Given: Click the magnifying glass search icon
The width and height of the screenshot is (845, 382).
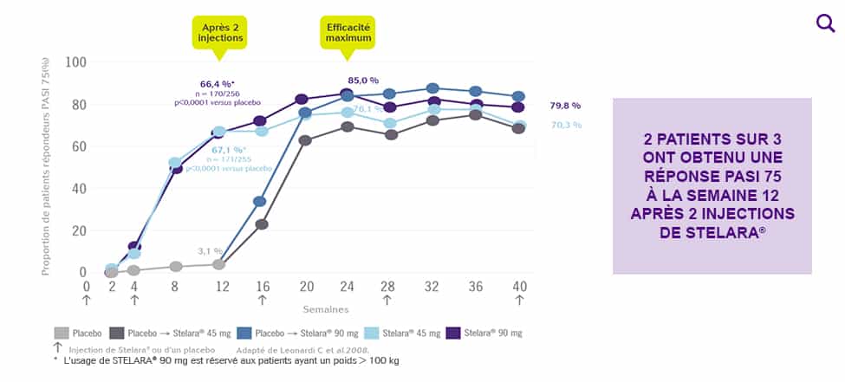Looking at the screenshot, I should click(825, 23).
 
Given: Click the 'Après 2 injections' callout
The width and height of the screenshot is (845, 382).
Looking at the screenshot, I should click(220, 33).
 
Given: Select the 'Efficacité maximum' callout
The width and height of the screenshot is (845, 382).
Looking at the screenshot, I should click(348, 33).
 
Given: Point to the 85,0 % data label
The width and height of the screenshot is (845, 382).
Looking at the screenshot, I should click(363, 81).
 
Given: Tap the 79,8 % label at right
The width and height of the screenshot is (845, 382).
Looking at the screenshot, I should click(565, 106).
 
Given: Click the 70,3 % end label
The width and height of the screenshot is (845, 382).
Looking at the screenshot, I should click(565, 126).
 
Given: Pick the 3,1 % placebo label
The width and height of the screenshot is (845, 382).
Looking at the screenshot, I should click(209, 251).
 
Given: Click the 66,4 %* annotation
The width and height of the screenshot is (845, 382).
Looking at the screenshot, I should click(218, 84).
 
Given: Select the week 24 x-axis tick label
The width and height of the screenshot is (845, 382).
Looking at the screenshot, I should click(346, 287).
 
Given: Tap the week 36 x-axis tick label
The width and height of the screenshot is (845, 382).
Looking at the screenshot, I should click(475, 287).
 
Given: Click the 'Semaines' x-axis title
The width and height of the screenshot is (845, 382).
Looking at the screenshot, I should click(325, 308).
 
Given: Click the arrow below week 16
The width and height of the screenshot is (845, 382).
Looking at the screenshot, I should click(261, 300).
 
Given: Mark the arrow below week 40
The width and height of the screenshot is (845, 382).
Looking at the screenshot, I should click(519, 300).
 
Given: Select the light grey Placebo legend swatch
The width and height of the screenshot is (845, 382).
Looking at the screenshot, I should click(62, 333).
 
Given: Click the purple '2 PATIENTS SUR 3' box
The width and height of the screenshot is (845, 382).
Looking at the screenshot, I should click(712, 185).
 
